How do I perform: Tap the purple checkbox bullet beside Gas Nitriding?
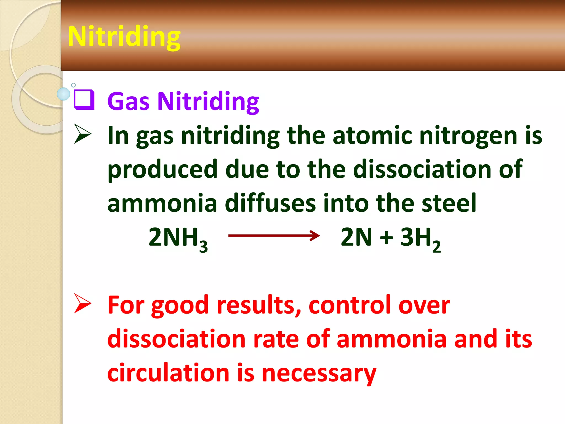tap(84, 100)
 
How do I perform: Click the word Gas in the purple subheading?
tap(128, 101)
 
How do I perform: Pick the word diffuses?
tap(270, 203)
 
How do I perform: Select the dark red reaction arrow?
tap(274, 235)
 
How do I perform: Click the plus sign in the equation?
tap(386, 237)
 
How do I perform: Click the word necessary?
tap(319, 373)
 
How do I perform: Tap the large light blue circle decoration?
tap(63, 94)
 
